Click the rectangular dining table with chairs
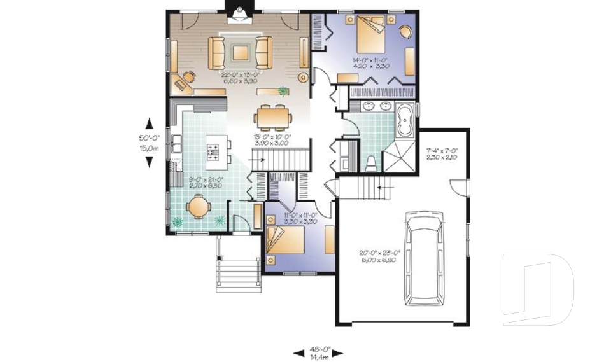(274, 117)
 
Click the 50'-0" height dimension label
(149, 143)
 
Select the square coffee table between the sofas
(241, 52)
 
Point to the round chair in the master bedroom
(405, 31)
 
